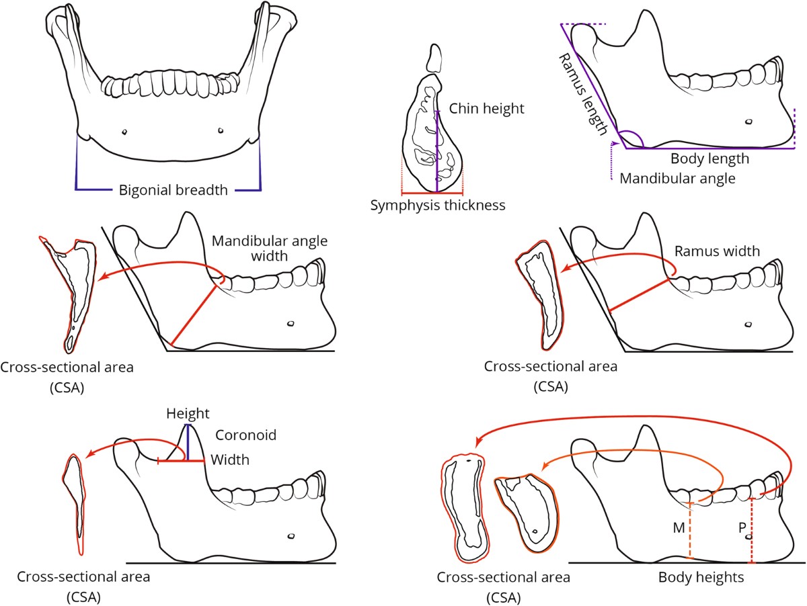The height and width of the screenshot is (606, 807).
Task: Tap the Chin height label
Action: click(486, 109)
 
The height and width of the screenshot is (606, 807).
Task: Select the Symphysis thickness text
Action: click(438, 206)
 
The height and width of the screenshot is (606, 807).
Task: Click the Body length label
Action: click(709, 160)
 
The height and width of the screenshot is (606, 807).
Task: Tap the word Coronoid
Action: click(246, 435)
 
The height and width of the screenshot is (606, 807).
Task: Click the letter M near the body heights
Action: click(679, 528)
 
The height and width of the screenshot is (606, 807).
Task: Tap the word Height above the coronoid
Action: click(188, 413)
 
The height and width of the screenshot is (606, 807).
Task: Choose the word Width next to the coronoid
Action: click(230, 460)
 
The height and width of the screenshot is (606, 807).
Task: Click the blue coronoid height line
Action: click(188, 443)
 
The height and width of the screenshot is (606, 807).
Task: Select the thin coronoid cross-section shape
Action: click(77, 504)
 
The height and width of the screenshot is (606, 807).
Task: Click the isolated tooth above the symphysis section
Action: click(435, 59)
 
